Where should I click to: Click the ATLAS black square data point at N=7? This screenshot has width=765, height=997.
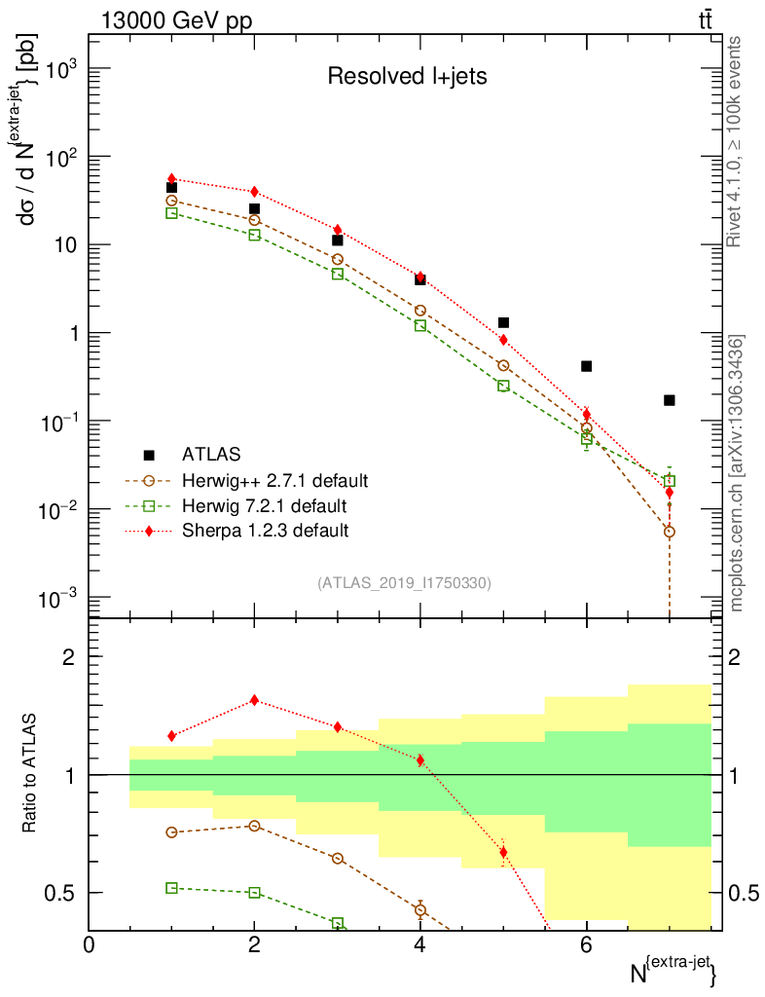669,400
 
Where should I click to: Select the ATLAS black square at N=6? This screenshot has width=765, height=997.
586,366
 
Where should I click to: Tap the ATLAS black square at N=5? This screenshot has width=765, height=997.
503,322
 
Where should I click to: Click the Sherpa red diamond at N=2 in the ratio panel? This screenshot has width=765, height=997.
254,700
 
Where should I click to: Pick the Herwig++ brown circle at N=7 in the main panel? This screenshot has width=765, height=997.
669,532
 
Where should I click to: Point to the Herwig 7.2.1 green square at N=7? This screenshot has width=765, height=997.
669,481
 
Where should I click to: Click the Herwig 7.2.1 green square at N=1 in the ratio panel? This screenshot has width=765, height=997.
171,888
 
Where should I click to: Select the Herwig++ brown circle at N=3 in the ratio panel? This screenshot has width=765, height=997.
337,859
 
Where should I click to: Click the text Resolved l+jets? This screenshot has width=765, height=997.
406,77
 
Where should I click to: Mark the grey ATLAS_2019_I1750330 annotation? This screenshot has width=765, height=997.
404,583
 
